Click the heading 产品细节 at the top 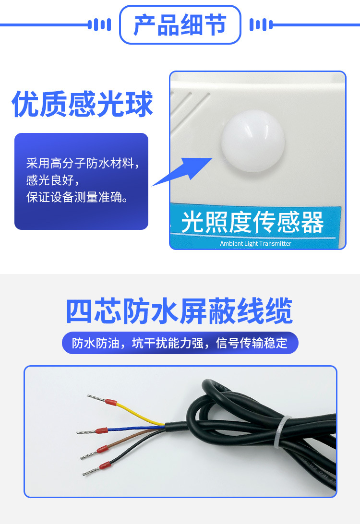click(x=180, y=24)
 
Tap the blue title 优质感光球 click(x=82, y=104)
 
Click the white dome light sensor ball click(x=252, y=143)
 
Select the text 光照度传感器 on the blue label click(x=252, y=222)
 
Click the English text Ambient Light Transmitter click(x=255, y=243)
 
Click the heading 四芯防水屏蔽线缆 click(x=179, y=311)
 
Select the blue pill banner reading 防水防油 click(x=180, y=343)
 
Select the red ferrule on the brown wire click(x=102, y=450)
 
